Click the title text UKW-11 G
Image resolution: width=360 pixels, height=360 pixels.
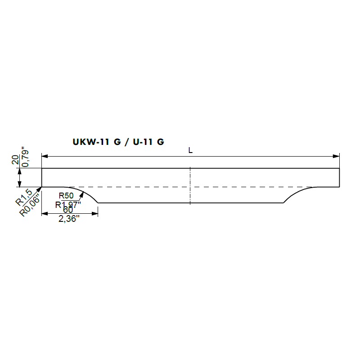(x=97, y=142)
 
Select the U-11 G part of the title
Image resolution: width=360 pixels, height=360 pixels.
(x=148, y=142)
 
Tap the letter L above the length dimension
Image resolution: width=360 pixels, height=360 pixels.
(x=190, y=150)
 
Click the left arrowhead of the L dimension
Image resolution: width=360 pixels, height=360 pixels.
(x=45, y=156)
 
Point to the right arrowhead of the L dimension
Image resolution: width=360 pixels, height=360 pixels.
(x=336, y=156)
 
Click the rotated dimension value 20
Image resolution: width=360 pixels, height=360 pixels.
(x=15, y=160)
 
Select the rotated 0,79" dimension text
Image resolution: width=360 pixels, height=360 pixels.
(x=25, y=157)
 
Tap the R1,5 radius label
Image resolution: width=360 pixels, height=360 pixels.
(x=24, y=197)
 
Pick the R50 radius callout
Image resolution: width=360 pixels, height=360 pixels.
(x=66, y=196)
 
